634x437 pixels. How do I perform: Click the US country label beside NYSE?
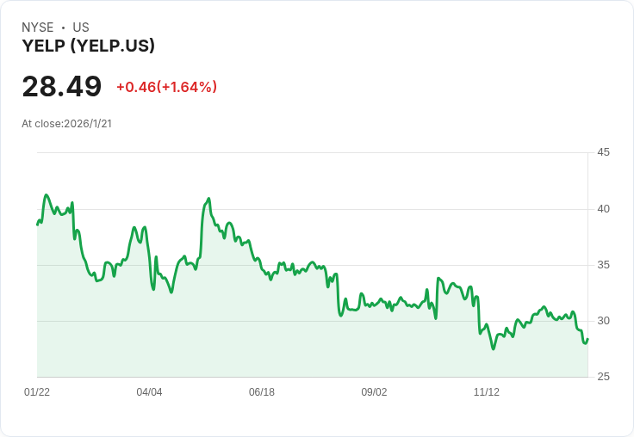click(x=81, y=28)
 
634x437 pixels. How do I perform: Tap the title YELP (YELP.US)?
click(x=88, y=46)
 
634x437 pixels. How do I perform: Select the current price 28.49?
click(x=61, y=87)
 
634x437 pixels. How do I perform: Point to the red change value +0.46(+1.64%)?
click(x=166, y=87)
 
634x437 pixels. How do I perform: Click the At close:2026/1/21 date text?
click(x=66, y=124)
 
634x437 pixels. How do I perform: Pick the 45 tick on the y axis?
click(x=603, y=152)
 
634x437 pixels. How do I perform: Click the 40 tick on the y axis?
click(x=603, y=209)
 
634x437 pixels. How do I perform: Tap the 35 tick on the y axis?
click(x=603, y=265)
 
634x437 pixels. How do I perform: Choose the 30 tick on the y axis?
click(x=603, y=321)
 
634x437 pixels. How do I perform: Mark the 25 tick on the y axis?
click(x=603, y=377)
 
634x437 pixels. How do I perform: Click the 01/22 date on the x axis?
click(x=37, y=392)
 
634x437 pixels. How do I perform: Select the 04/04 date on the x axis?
click(x=149, y=392)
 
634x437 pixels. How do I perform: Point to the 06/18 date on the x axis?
click(x=262, y=392)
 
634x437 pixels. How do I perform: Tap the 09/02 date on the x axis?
click(x=374, y=392)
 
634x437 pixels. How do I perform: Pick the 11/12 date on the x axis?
click(x=487, y=392)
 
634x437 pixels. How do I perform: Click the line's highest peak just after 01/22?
click(x=47, y=195)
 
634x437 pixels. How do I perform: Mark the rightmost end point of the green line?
click(x=587, y=338)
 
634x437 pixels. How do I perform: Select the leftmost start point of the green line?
click(x=37, y=225)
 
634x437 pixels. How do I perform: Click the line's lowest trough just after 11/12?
click(x=494, y=348)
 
